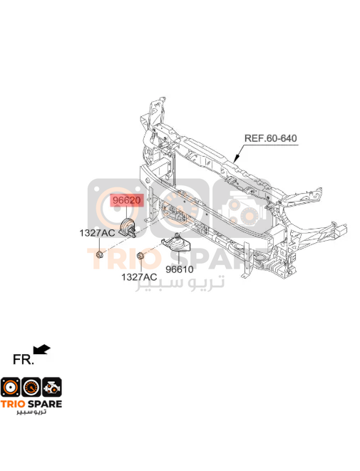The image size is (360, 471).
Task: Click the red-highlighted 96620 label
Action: point(126,200)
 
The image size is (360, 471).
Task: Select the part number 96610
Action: point(180,269)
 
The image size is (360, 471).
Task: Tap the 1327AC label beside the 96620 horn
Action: point(97,233)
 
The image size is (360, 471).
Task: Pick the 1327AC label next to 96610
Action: point(139,276)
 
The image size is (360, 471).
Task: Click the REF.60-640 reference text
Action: point(270,138)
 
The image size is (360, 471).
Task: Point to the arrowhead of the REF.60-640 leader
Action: point(237,158)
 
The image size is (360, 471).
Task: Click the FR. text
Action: point(24,359)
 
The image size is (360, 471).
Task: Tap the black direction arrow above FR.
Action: point(42,350)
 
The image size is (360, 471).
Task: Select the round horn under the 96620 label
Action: point(128,228)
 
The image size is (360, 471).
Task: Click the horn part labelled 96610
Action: point(176,243)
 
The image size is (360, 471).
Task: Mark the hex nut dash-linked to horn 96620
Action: point(100,255)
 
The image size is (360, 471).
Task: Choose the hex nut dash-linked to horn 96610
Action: point(140,256)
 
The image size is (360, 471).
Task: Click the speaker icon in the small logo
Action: point(11,387)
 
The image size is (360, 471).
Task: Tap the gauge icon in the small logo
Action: point(31,387)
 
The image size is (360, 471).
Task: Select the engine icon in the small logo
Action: point(52,387)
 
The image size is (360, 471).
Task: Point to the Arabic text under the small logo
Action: point(31,412)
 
